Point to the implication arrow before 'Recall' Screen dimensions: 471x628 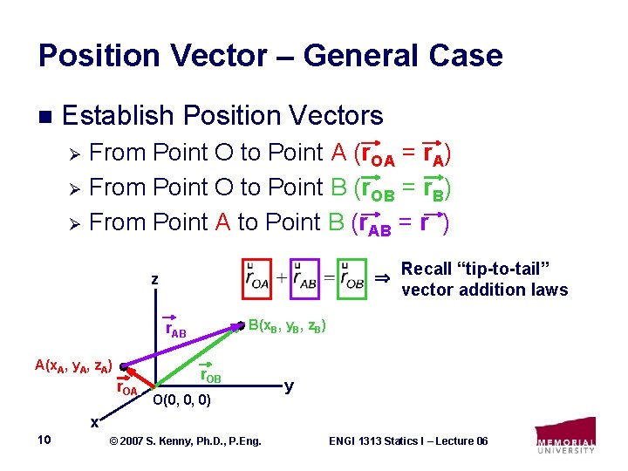(382, 278)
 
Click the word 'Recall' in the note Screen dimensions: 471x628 (426, 269)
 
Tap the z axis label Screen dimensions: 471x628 (154, 279)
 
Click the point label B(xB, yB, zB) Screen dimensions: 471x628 (288, 327)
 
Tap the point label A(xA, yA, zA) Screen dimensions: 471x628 (73, 365)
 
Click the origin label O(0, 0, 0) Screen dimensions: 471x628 (181, 401)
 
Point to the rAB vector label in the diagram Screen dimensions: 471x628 (175, 329)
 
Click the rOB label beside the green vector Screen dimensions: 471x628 (210, 375)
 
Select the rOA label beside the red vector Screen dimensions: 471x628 (127, 388)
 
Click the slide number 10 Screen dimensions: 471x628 (44, 440)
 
